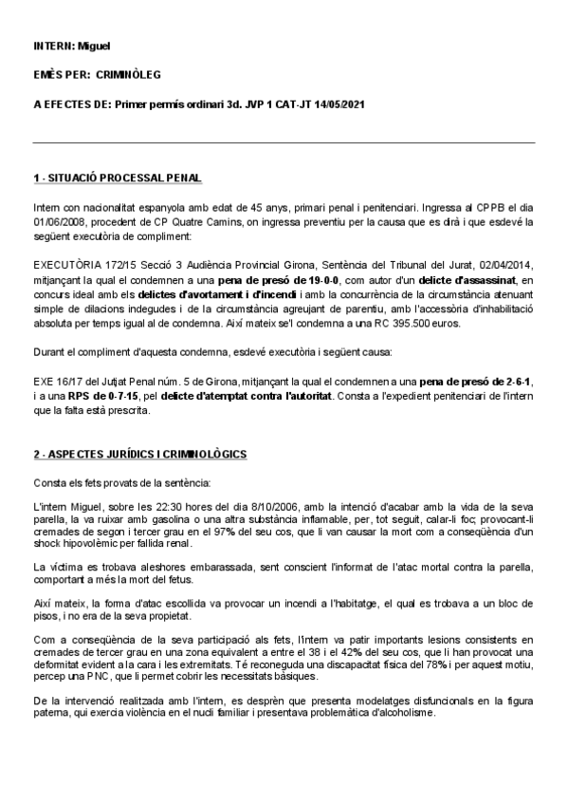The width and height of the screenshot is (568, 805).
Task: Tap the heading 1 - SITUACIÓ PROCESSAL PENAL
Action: (117, 178)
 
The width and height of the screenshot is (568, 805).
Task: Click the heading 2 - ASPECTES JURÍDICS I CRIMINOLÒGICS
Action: (139, 456)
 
